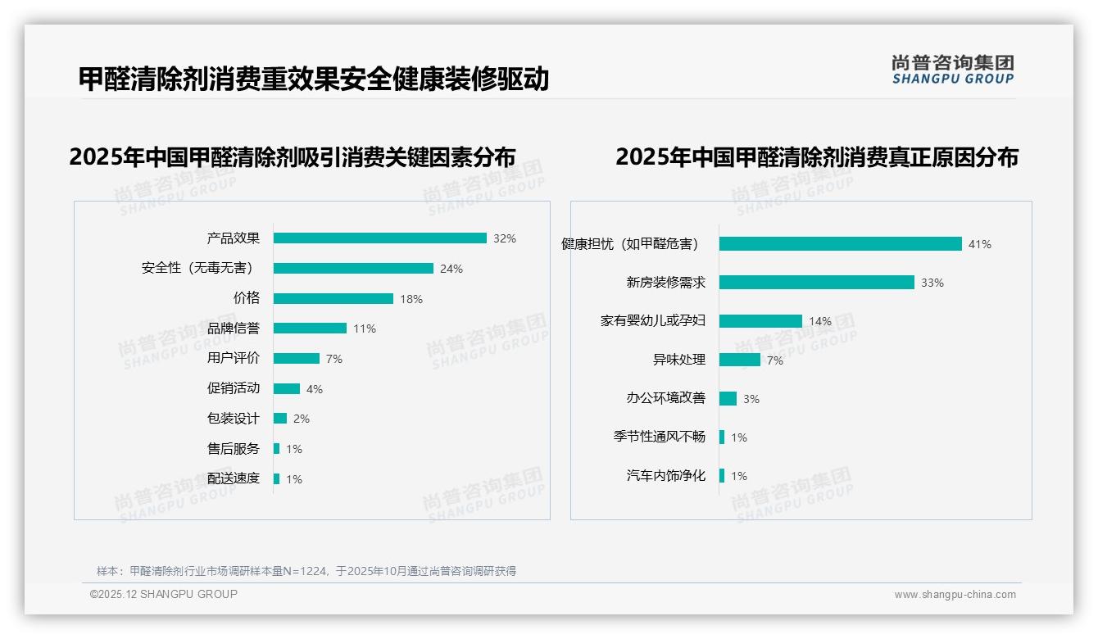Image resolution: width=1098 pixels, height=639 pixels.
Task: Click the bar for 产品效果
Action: (379, 238)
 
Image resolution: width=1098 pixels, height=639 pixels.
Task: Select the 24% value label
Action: (451, 269)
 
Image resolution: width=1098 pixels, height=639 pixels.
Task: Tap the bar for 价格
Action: (333, 299)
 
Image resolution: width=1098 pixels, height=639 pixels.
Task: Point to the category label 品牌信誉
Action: (234, 329)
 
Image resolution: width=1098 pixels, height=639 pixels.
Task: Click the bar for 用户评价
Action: (296, 359)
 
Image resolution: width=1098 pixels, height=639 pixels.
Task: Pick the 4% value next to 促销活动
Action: (315, 389)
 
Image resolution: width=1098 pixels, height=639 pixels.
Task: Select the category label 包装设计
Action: (234, 419)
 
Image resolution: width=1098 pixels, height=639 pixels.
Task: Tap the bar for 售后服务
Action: (277, 449)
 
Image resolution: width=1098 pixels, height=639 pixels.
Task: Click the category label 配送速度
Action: (234, 478)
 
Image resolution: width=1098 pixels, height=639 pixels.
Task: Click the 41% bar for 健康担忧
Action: (840, 244)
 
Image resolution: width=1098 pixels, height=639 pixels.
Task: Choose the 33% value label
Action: (932, 283)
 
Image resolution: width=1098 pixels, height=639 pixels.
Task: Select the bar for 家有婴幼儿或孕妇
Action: (760, 321)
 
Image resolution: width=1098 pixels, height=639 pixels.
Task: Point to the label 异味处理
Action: (679, 360)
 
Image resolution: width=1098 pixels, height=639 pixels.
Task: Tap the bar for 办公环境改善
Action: (728, 399)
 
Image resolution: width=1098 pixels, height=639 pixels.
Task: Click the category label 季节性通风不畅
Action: (660, 437)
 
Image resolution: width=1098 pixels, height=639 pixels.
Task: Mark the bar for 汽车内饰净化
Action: (722, 476)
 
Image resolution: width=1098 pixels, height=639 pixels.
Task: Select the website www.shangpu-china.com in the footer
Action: (955, 595)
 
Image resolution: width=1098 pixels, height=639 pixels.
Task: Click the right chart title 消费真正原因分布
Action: (816, 157)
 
